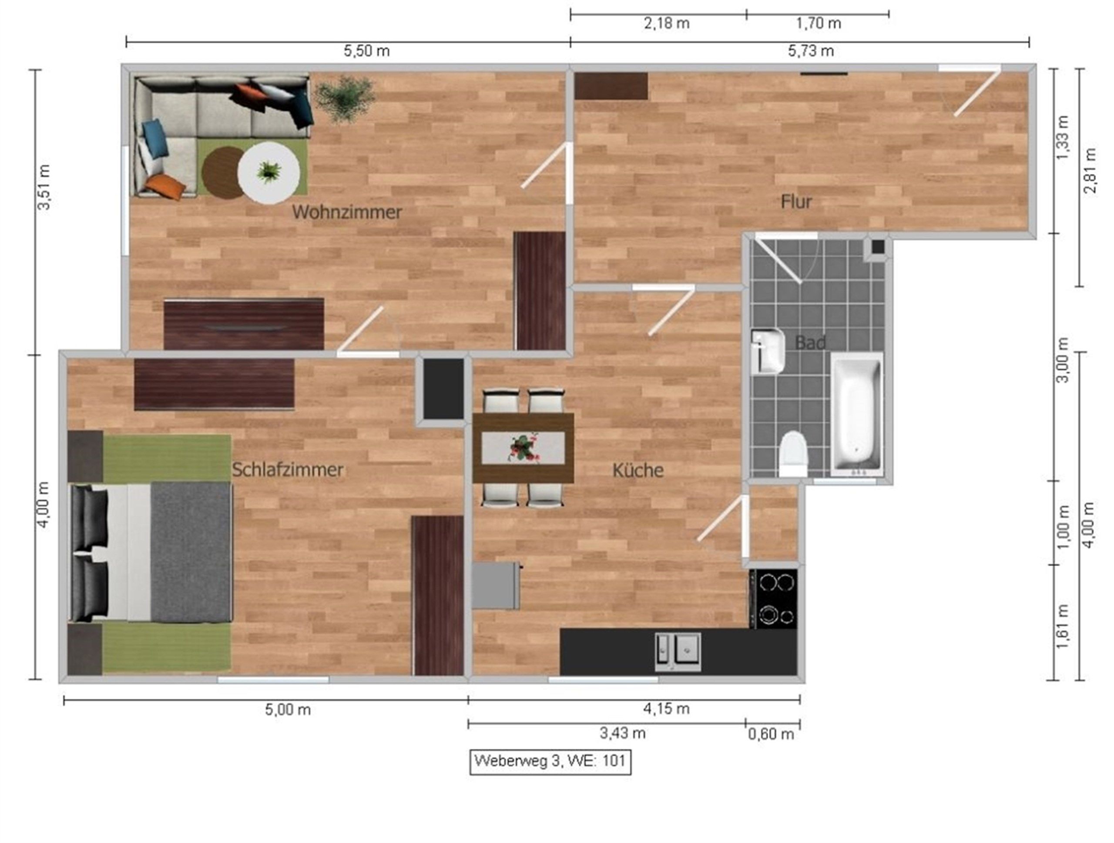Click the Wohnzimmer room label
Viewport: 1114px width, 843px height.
pyautogui.click(x=347, y=212)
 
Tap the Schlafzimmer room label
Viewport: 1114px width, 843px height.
pyautogui.click(x=288, y=470)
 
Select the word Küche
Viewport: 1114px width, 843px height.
pyautogui.click(x=638, y=470)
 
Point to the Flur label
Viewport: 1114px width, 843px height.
pyautogui.click(x=796, y=202)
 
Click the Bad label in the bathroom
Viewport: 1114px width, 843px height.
pyautogui.click(x=810, y=343)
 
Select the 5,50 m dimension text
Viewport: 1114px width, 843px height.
pyautogui.click(x=367, y=51)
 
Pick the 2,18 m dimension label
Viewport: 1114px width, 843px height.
pyautogui.click(x=667, y=23)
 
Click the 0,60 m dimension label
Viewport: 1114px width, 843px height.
pyautogui.click(x=771, y=734)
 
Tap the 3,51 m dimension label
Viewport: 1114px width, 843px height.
pyautogui.click(x=44, y=187)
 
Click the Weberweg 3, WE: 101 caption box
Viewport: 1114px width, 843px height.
pyautogui.click(x=550, y=760)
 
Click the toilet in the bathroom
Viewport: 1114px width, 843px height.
pyautogui.click(x=793, y=453)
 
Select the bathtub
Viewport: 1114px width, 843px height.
pyautogui.click(x=856, y=414)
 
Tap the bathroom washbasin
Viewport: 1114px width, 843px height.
pyautogui.click(x=768, y=351)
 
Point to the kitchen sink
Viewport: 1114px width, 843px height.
pyautogui.click(x=678, y=652)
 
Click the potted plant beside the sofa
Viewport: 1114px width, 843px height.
pyautogui.click(x=346, y=98)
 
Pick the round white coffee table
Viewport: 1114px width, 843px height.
pyautogui.click(x=269, y=173)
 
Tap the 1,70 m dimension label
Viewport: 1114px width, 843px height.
pyautogui.click(x=819, y=23)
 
